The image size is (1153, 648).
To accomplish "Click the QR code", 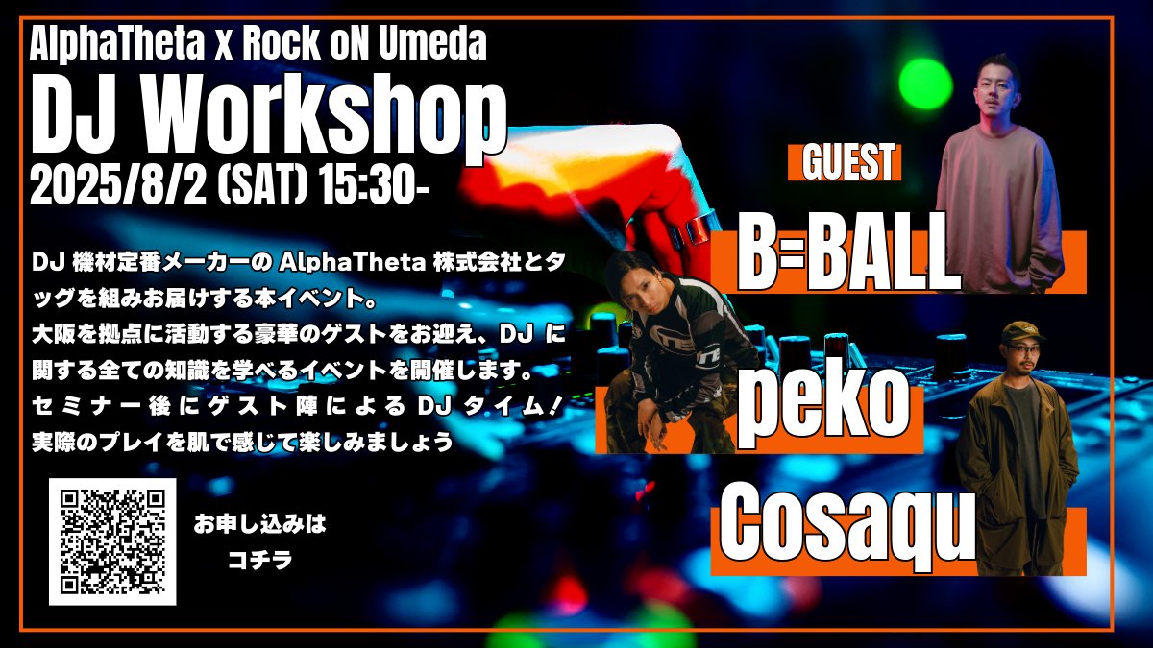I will pyautogui.click(x=112, y=541).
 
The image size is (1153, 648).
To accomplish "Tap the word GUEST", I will pyautogui.click(x=845, y=161).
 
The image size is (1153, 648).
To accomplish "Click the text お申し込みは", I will pyautogui.click(x=259, y=525).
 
